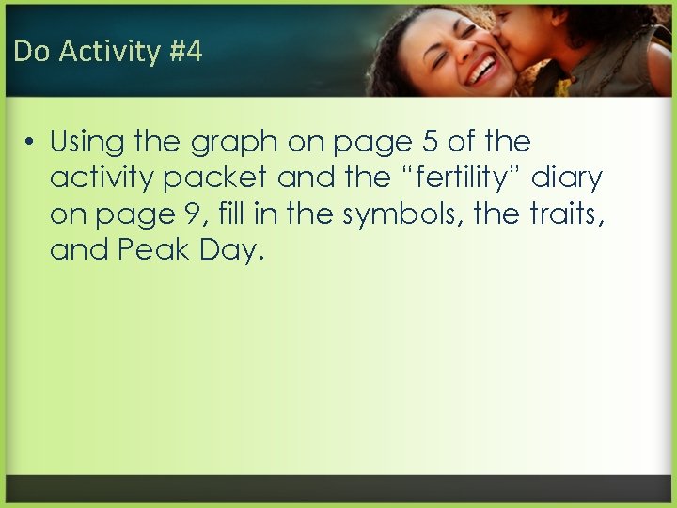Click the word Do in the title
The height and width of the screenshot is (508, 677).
[x=31, y=51]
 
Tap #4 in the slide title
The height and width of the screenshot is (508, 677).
[x=185, y=51]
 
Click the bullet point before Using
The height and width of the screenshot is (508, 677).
[x=31, y=143]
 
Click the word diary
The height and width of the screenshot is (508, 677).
[x=567, y=179]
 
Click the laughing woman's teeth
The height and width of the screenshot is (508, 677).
[x=483, y=69]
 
